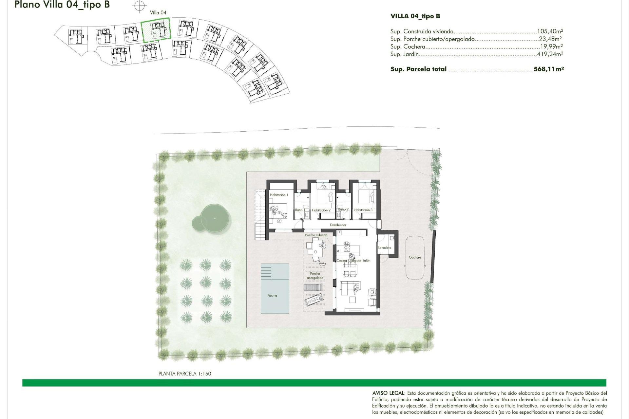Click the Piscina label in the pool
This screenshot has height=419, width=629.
point(272,295)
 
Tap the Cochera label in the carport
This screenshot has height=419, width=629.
point(415,257)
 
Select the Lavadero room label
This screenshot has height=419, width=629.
point(385,247)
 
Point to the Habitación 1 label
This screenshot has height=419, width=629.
point(279,195)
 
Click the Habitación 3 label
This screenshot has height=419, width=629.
point(363,210)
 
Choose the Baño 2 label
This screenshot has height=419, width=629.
point(343,209)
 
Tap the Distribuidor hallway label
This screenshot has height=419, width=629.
point(338,225)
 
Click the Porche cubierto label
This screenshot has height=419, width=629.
point(316,235)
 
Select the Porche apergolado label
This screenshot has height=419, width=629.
point(315,276)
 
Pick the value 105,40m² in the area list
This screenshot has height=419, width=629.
point(550,31)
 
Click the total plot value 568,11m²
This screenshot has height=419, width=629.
point(548,69)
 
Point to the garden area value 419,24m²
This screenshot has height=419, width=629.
point(550,54)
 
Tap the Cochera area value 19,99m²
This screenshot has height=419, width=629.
point(551,46)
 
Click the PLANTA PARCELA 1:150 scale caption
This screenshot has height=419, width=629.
point(185,373)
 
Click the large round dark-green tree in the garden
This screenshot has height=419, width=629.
point(214,218)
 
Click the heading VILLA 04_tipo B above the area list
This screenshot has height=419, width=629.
point(415,16)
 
